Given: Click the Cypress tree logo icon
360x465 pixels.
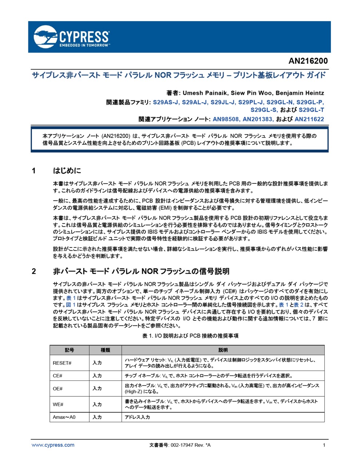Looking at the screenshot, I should (45, 37).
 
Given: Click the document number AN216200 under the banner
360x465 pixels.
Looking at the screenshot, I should (308, 61).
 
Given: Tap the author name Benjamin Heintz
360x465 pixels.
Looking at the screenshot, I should (300, 93).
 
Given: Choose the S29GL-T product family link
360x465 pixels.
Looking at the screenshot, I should (311, 110).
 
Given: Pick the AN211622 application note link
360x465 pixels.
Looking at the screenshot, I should (309, 119).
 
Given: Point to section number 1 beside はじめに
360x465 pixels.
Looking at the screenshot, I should (34, 171).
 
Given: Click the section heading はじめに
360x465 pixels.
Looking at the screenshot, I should (67, 171).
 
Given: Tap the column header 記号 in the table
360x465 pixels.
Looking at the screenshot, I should (69, 350).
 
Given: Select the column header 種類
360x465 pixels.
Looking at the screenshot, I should (105, 350).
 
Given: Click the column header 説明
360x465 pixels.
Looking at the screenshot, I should (223, 350).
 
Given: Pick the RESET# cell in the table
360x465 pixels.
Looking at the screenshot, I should (62, 363).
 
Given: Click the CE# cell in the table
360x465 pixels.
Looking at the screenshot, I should (57, 376).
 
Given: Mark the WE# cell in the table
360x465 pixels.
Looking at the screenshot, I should (58, 404).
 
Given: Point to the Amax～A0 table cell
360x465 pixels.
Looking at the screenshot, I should (64, 417).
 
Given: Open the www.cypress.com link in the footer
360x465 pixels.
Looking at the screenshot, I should (53, 445).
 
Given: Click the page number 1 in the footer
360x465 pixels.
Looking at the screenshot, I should (324, 445).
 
